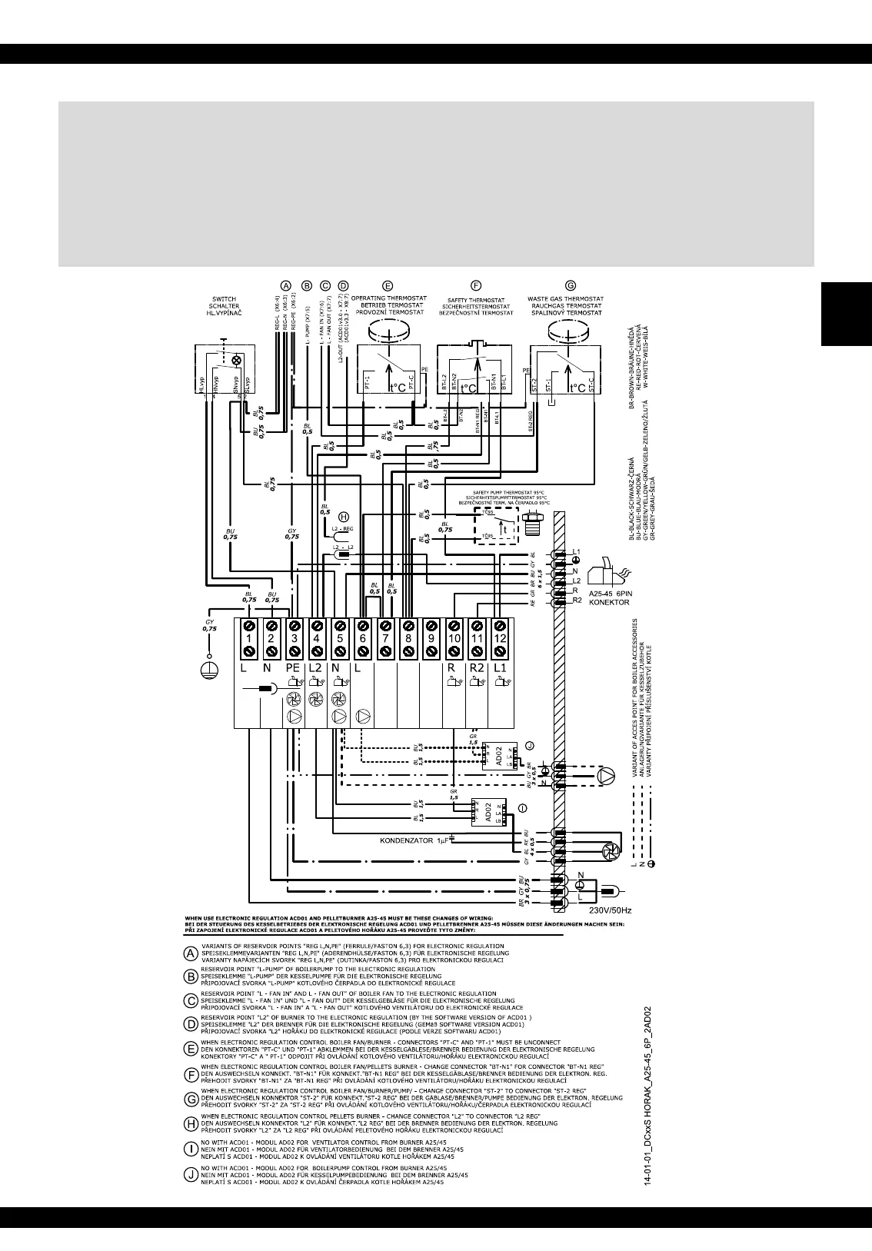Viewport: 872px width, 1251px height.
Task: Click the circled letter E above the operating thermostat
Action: point(387,284)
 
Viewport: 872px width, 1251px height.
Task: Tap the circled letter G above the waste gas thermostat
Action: point(570,284)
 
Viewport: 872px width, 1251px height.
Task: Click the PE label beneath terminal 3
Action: point(293,667)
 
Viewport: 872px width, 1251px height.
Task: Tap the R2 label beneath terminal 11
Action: point(477,667)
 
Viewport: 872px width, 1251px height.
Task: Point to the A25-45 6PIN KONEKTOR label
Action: point(610,598)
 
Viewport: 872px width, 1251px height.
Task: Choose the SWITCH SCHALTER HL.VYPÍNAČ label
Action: point(224,306)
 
